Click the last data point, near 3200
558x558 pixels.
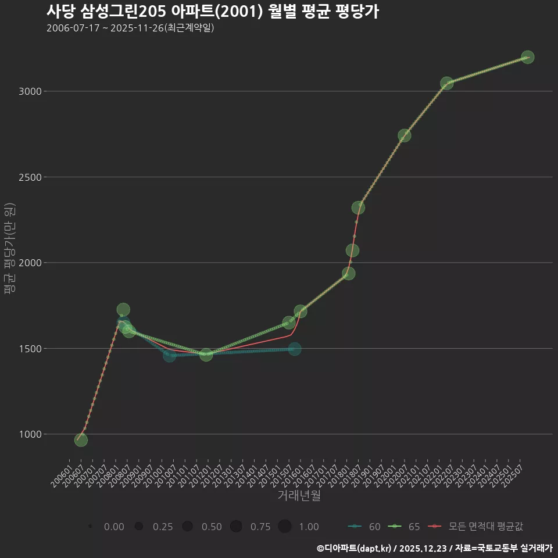coord(527,57)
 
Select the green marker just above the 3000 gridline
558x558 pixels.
coord(446,84)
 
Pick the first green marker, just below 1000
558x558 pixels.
coord(81,440)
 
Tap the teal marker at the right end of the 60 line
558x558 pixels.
coord(295,349)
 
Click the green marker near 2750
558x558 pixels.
coord(405,135)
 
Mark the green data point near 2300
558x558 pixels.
coord(358,208)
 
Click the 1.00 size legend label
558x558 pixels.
coord(309,527)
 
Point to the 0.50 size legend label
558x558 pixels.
coord(212,527)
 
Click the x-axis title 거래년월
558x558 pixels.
coord(299,496)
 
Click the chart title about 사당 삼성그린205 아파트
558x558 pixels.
coord(212,12)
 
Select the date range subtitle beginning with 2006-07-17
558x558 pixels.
coord(130,28)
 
